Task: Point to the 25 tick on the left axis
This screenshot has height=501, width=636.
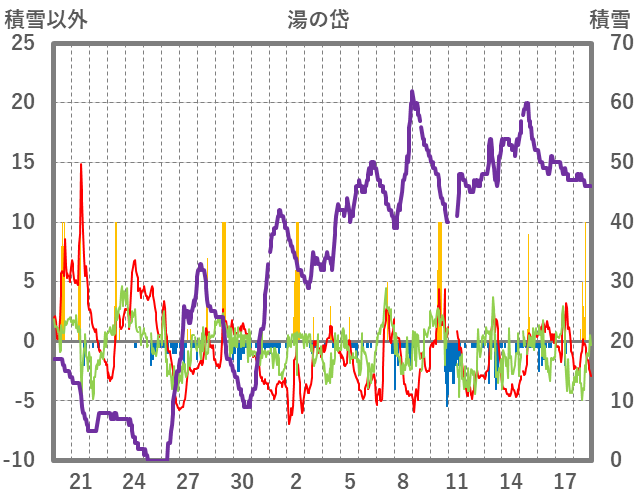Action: (22, 43)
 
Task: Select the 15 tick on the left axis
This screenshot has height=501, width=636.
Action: (22, 162)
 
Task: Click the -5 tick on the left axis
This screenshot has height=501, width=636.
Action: (22, 400)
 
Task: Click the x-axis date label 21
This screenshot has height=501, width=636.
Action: (81, 479)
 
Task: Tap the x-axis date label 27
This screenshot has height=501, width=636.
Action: (188, 479)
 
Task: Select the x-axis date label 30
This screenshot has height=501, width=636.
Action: (242, 479)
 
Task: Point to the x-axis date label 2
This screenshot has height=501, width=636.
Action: (296, 479)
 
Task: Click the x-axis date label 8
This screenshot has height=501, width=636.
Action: (403, 479)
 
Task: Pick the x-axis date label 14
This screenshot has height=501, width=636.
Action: (510, 479)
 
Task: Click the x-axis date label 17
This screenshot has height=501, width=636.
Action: (564, 479)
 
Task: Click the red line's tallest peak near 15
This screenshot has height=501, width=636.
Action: (81, 164)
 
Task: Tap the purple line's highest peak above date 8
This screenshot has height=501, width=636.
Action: (411, 92)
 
